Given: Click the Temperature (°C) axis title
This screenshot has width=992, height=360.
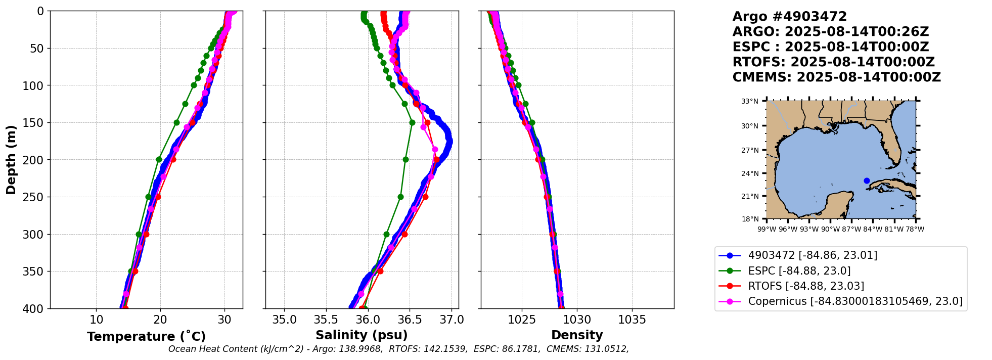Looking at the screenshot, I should click(x=146, y=337).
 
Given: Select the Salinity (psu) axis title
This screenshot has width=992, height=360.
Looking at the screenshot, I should click(x=362, y=335).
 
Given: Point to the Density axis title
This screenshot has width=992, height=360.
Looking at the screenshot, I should click(x=577, y=335).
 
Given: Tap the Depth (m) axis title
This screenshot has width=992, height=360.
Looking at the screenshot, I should click(x=11, y=159).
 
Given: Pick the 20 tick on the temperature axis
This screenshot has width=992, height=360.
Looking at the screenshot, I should click(x=160, y=320).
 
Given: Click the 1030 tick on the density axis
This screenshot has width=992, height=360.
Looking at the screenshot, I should click(x=577, y=320).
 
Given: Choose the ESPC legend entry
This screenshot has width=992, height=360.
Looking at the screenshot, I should click(x=799, y=271).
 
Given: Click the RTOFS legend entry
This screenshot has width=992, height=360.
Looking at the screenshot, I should click(x=806, y=286).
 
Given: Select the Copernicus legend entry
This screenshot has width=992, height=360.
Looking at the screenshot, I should click(x=855, y=301).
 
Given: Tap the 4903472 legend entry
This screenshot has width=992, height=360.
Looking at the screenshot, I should click(x=813, y=255).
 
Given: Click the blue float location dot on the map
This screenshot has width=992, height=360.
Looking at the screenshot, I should click(x=867, y=181).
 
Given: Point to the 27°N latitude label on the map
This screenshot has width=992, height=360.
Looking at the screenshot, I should click(x=750, y=150).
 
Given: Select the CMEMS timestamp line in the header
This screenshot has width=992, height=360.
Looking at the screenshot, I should click(x=836, y=77).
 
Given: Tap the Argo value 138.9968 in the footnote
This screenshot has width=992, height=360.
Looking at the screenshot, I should click(x=362, y=349).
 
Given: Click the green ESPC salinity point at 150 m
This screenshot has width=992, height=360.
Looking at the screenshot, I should click(x=412, y=122).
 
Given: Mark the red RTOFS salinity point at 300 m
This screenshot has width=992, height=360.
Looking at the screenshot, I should click(x=404, y=234).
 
